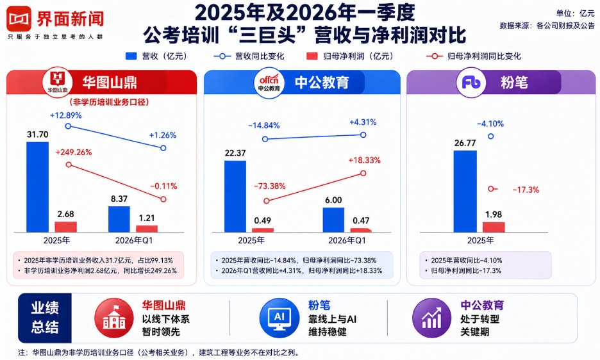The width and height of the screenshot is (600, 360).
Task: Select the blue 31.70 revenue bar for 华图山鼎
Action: tap(37, 186)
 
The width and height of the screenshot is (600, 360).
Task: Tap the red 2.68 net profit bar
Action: tap(65, 226)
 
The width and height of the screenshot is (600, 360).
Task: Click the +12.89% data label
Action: tap(66, 115)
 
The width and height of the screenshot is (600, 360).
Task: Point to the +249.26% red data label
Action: tap(74, 152)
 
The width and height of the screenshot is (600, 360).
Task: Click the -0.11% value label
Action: tap(163, 186)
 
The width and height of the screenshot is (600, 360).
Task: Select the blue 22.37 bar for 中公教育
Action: tap(235, 195)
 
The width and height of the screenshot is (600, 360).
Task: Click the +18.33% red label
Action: tap(364, 160)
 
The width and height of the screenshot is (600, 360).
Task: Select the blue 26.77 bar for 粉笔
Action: tap(465, 191)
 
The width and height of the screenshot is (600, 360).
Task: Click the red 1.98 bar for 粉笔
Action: tap(494, 227)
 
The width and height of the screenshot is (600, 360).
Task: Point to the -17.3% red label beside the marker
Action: tap(525, 190)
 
